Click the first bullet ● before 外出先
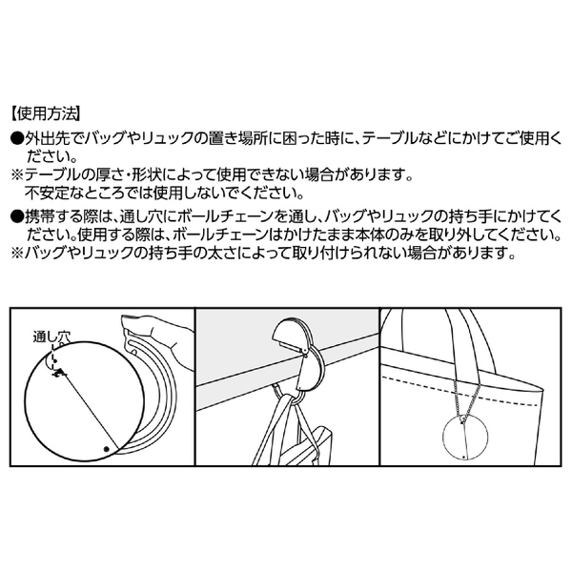coord(15,138)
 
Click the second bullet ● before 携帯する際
coord(15,215)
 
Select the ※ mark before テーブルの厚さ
coord(15,176)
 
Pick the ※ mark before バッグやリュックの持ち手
coord(15,254)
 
